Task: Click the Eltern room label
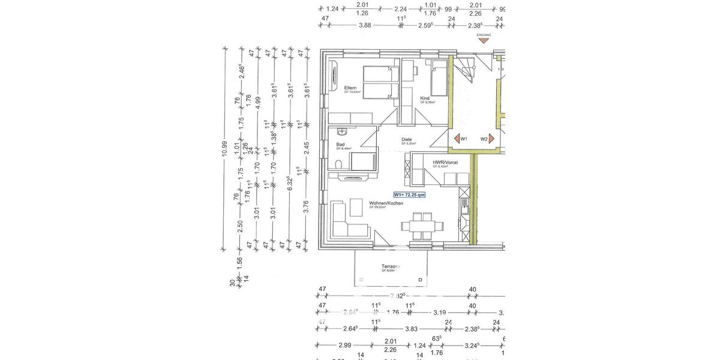point(351,88)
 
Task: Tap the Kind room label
point(425,98)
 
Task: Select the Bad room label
point(340,145)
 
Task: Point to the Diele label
point(407,140)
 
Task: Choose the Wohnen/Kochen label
point(386,203)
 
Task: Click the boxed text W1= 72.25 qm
point(409,194)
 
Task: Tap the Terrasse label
point(391,266)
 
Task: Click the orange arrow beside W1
point(454,139)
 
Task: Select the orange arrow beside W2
point(492,139)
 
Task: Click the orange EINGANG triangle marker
point(484,41)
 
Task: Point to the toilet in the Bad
point(338,164)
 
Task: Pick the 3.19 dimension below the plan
point(439,313)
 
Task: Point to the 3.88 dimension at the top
point(364,26)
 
